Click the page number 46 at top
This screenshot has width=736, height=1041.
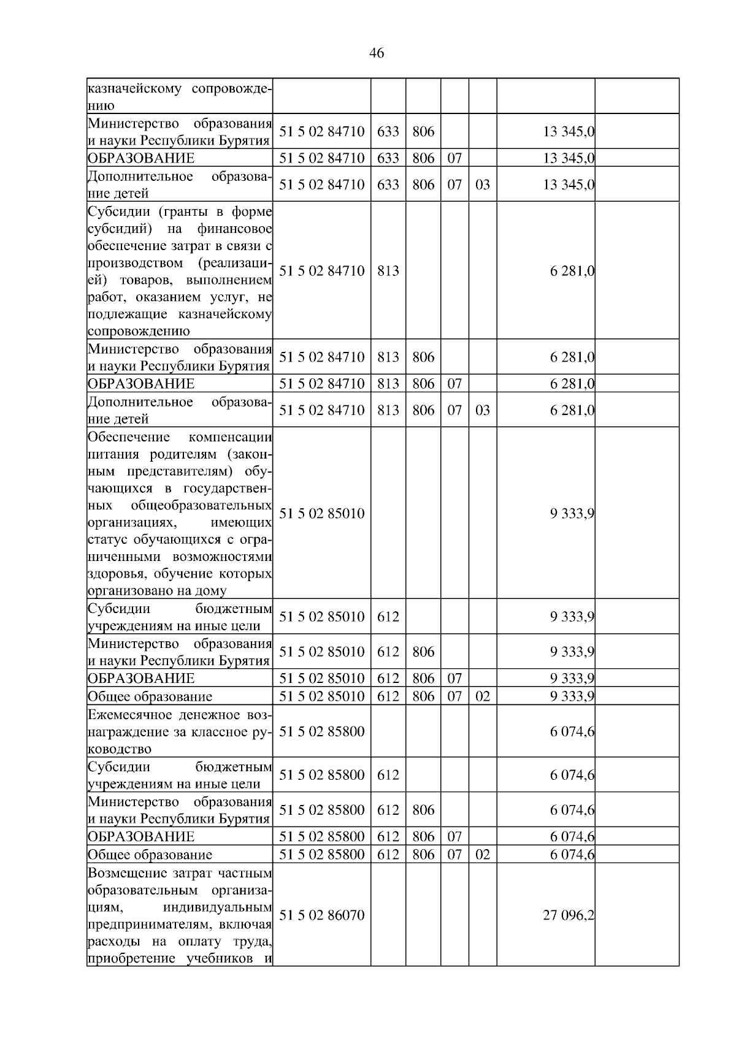[377, 53]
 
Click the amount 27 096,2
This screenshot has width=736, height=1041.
[568, 915]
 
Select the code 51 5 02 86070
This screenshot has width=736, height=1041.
[321, 915]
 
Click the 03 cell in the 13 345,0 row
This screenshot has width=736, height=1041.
[482, 185]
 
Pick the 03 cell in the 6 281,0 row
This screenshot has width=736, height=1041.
[482, 410]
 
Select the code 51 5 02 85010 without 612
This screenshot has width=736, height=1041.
[321, 514]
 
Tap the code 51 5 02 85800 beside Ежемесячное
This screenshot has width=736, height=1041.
[321, 731]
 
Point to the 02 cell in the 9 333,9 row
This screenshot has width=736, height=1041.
[482, 696]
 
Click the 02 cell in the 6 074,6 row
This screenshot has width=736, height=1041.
[482, 855]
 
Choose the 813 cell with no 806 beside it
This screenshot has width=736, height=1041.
[388, 271]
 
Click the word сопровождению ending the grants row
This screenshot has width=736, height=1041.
[138, 332]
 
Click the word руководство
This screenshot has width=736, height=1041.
[119, 749]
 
